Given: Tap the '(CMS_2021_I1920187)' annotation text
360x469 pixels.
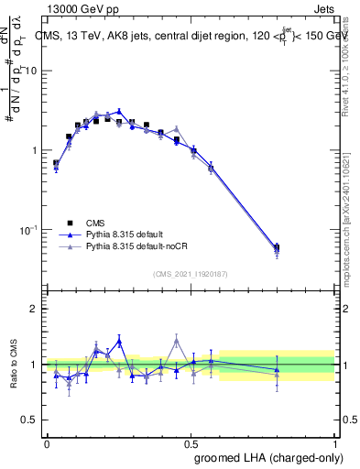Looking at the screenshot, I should [x=191, y=273].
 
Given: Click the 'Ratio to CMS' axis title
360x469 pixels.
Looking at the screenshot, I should [x=15, y=364].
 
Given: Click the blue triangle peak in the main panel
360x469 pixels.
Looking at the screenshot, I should [x=118, y=111].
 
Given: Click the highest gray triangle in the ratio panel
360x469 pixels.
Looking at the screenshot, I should [x=176, y=340].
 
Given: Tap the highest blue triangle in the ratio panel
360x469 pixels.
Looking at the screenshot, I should [x=118, y=341].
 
